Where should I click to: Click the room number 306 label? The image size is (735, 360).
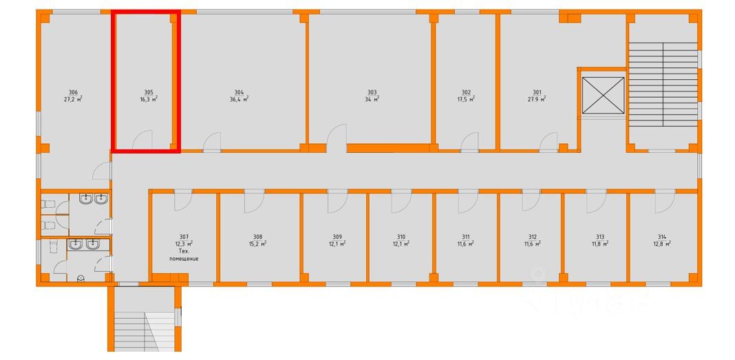click(73, 92)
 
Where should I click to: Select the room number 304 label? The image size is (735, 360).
click(239, 92)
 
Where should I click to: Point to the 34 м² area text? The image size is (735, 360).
click(372, 99)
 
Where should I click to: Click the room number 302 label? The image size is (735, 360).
click(466, 92)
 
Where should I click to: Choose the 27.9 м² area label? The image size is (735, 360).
click(537, 99)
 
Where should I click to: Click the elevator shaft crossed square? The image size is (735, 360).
click(603, 95)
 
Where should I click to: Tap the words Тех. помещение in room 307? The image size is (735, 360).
click(184, 255)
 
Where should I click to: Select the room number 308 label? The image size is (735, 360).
click(257, 236)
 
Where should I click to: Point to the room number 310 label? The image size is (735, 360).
click(401, 236)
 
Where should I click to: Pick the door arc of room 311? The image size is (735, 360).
click(467, 201)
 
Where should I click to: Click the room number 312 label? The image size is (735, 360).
click(533, 236)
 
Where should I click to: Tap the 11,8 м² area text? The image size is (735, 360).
click(599, 243)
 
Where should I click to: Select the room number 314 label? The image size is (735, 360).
click(662, 236)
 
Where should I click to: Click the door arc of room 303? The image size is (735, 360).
click(336, 137)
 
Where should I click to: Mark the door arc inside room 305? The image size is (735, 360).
click(142, 140)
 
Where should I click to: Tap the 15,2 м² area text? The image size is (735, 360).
click(257, 243)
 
